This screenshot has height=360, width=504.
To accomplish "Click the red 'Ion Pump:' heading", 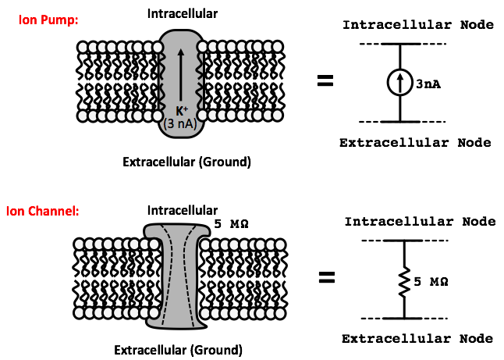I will (x=48, y=20).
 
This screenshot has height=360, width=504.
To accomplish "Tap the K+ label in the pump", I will (x=181, y=112).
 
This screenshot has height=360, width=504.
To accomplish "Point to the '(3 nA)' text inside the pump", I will (x=180, y=124).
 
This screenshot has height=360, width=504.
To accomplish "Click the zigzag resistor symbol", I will (x=403, y=279).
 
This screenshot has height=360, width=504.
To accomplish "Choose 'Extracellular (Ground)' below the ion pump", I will (x=186, y=162).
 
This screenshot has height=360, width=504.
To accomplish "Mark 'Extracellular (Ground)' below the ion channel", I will (x=179, y=349).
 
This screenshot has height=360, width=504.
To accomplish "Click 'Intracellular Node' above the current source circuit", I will (x=418, y=25).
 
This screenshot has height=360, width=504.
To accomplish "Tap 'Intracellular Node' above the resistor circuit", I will (x=419, y=222).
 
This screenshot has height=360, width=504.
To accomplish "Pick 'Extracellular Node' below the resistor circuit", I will (x=417, y=338).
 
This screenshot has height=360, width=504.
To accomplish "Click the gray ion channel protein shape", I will (x=180, y=273).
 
